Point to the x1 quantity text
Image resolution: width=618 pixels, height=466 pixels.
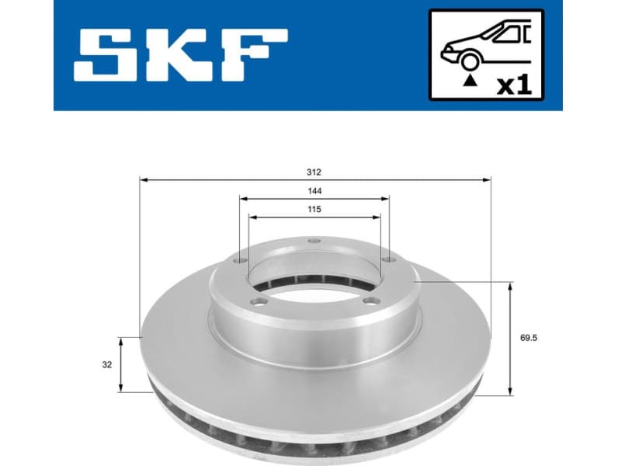tap(513, 84)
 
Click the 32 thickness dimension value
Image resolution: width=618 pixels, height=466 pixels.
tap(107, 364)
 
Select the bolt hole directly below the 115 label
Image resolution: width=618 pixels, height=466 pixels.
tap(314, 242)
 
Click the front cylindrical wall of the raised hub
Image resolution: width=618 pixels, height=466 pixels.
tap(314, 334)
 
